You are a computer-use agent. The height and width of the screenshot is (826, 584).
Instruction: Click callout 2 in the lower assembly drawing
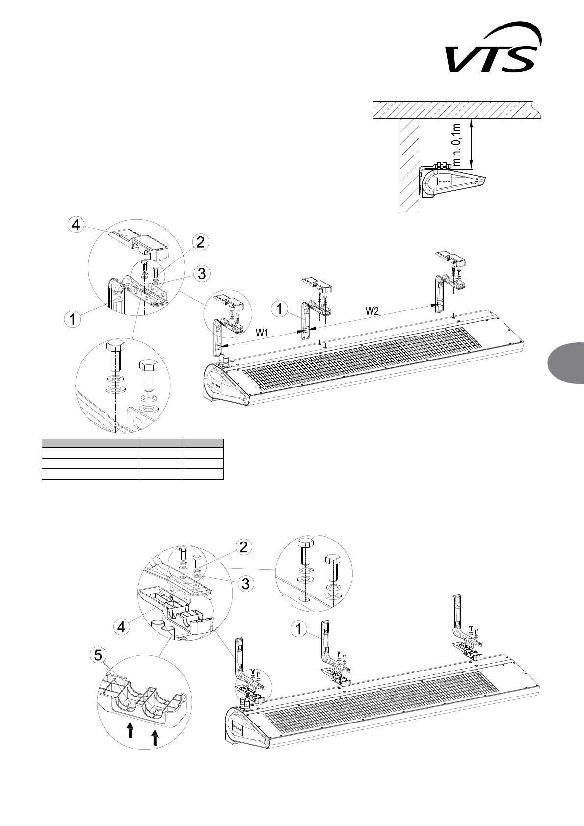pos(243,547)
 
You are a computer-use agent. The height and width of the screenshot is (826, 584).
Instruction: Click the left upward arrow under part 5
pos(130,729)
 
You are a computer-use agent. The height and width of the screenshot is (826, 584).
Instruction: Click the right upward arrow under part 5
pos(155,737)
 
